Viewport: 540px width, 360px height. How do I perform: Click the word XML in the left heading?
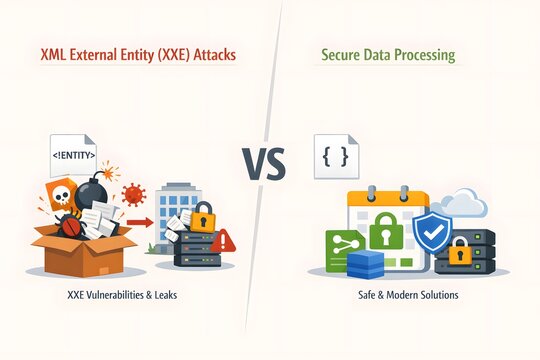54,56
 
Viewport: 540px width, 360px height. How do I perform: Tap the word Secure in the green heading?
343,56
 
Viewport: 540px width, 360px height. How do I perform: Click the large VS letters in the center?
263,162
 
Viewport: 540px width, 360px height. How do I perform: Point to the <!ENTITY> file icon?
73,156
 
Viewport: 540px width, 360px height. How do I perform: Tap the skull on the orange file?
59,195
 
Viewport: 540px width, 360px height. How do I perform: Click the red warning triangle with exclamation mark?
222,241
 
